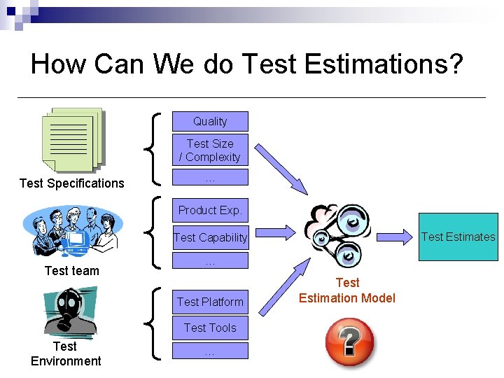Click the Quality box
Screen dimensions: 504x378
click(x=210, y=121)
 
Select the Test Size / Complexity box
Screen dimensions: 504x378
click(x=210, y=150)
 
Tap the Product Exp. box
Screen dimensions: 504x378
click(x=210, y=209)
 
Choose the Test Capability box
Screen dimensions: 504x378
click(x=210, y=237)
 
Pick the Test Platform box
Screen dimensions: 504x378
click(x=210, y=302)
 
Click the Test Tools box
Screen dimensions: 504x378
click(x=210, y=328)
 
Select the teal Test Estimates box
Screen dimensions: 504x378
click(x=458, y=237)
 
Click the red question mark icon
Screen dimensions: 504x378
click(x=349, y=342)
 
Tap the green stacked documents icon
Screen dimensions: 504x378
click(x=71, y=140)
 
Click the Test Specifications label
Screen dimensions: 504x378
click(x=71, y=183)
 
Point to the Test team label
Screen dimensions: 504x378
click(x=71, y=271)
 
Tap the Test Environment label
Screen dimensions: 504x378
click(x=65, y=353)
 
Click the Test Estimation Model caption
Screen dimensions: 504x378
click(x=347, y=290)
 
